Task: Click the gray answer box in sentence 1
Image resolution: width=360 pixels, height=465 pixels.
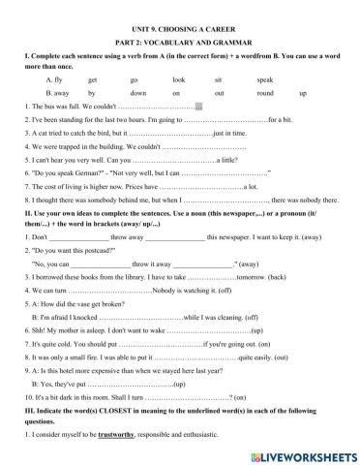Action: pyautogui.click(x=199, y=107)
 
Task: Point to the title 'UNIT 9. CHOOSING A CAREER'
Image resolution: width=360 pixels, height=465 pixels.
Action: pyautogui.click(x=179, y=9)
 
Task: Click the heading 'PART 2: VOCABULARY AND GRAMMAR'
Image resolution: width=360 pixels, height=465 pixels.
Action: pyautogui.click(x=179, y=26)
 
